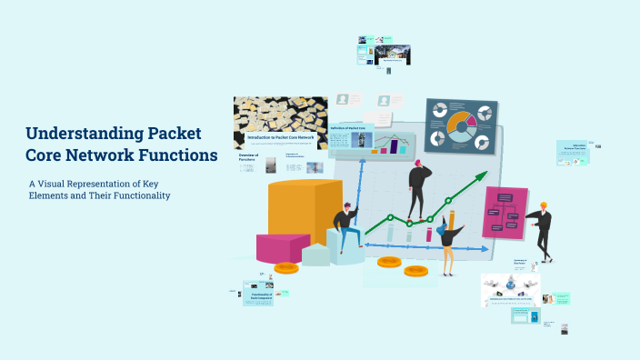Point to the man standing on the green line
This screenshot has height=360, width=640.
tap(419, 189)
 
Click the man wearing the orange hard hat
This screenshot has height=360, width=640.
tap(543, 230)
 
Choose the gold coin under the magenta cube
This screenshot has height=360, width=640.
tap(286, 267)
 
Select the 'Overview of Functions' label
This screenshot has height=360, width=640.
tap(248, 157)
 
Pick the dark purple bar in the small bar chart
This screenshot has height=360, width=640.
tap(395, 147)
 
